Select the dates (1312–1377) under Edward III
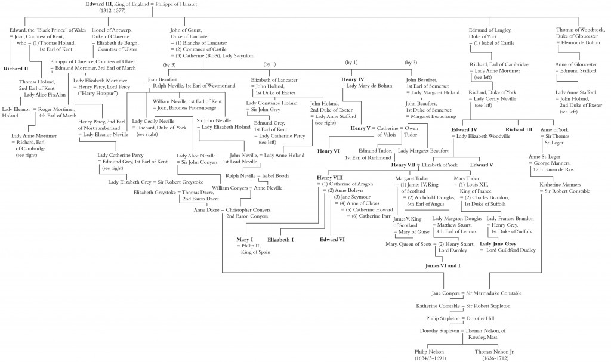[112, 11]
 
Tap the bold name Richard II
[16, 69]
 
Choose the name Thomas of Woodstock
[581, 30]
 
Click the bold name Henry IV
[353, 79]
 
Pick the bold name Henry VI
[328, 151]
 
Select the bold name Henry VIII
[329, 178]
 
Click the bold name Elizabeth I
[280, 240]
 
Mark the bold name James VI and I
[443, 266]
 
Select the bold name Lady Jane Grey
[498, 244]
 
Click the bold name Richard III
[519, 130]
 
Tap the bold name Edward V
[482, 165]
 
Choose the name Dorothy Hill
[480, 318]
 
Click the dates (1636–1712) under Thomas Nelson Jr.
[495, 358]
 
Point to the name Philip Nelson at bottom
[429, 351]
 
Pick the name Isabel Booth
[275, 176]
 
